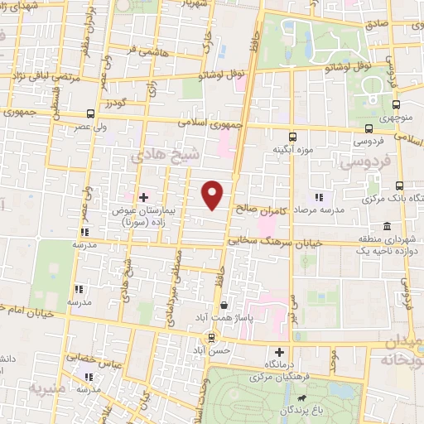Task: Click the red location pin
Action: point(213,195)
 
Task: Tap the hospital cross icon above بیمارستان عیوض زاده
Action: point(144,197)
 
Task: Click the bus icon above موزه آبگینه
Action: point(291,137)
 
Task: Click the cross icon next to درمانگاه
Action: point(291,353)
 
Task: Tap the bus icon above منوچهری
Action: point(396,105)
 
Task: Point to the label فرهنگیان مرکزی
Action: point(295,377)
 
